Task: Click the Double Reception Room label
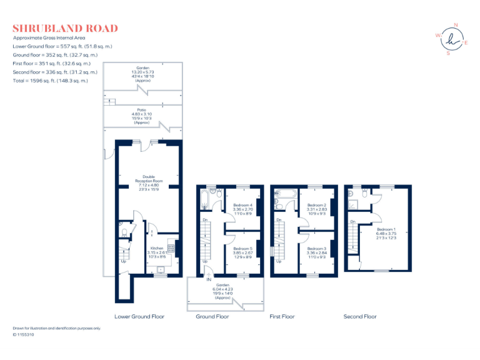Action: [x=148, y=181]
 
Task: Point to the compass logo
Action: [x=451, y=39]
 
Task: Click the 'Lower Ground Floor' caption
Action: [x=139, y=317]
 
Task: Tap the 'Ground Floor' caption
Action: [x=212, y=317]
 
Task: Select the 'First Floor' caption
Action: [x=282, y=317]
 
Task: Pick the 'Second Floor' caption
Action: [x=360, y=317]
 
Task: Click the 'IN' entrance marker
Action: [x=209, y=279]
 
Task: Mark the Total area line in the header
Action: [x=51, y=81]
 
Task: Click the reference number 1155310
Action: [x=26, y=335]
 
